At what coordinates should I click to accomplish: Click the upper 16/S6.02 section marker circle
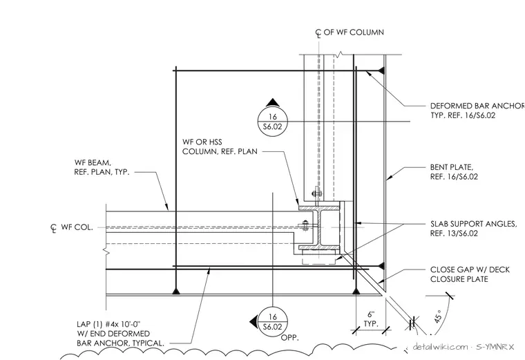[x=273, y=122]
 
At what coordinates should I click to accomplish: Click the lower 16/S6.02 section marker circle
[x=273, y=322]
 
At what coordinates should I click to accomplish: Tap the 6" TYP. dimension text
[x=371, y=319]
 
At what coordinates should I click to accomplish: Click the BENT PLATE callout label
[x=454, y=172]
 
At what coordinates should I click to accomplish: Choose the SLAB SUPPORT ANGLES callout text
[x=473, y=229]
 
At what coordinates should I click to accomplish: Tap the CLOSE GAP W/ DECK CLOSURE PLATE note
[x=470, y=274]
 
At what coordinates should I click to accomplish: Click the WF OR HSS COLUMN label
[x=220, y=146]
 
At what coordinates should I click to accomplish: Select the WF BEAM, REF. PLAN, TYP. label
[x=102, y=167]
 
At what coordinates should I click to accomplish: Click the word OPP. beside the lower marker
[x=289, y=338]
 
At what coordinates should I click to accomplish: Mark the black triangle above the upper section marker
[x=273, y=102]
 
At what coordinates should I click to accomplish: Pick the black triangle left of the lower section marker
[x=254, y=322]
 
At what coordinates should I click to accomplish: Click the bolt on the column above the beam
[x=316, y=193]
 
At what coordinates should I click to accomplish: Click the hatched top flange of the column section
[x=319, y=208]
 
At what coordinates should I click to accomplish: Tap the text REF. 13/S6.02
[x=454, y=233]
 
